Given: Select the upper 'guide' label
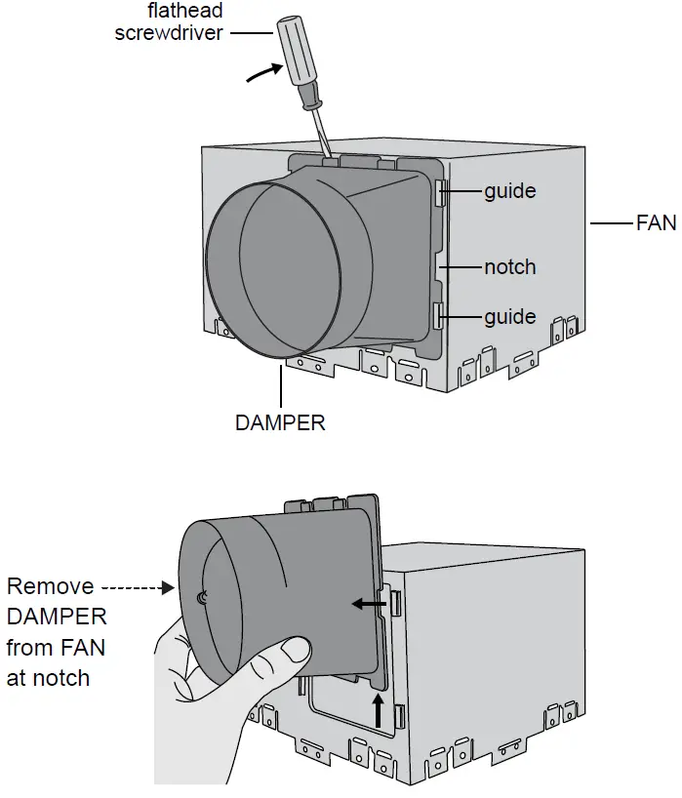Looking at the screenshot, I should pyautogui.click(x=509, y=191).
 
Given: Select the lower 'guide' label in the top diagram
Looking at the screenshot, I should pyautogui.click(x=509, y=317).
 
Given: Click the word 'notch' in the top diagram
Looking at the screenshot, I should pyautogui.click(x=509, y=266).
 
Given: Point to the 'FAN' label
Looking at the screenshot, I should pyautogui.click(x=656, y=223).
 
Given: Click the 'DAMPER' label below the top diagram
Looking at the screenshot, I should pyautogui.click(x=280, y=423).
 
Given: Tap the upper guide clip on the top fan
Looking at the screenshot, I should pyautogui.click(x=441, y=192).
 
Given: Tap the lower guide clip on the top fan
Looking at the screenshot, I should pyautogui.click(x=439, y=315).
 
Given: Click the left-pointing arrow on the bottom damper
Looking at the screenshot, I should pyautogui.click(x=367, y=605).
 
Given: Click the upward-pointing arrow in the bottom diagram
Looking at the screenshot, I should pyautogui.click(x=378, y=710).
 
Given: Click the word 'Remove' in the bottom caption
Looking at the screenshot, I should pyautogui.click(x=50, y=587).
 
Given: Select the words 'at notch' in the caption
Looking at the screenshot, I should pyautogui.click(x=50, y=678).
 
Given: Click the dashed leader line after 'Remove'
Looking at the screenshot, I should pyautogui.click(x=138, y=588).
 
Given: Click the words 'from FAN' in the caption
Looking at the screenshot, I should pyautogui.click(x=56, y=648).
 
